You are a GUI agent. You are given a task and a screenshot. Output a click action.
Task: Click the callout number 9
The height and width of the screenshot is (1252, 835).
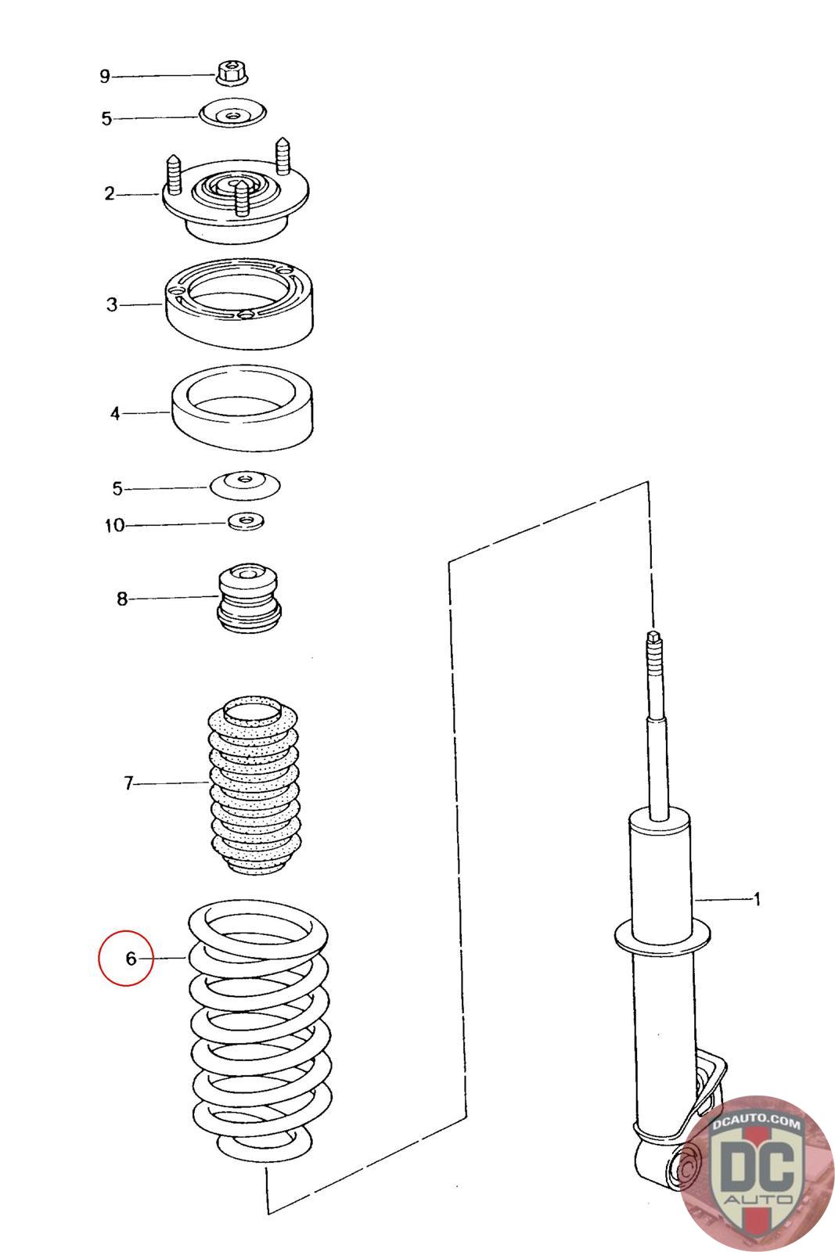tap(104, 76)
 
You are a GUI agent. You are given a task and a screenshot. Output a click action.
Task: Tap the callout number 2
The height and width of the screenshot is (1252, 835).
tap(110, 193)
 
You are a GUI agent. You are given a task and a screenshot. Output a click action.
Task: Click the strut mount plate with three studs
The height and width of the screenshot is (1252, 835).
tap(236, 200)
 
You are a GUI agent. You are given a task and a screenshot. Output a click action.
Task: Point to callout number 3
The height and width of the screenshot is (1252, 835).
tap(112, 304)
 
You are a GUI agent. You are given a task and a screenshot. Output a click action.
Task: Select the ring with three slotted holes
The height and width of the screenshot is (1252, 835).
tap(241, 303)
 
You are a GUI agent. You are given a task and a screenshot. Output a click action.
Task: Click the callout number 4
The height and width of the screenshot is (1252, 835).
tap(115, 413)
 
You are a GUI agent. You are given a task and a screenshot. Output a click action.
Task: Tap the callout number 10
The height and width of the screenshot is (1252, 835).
tap(114, 525)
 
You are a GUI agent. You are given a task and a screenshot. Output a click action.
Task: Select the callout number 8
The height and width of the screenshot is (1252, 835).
tap(121, 599)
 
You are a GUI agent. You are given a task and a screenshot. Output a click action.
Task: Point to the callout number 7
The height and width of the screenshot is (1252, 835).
tap(129, 782)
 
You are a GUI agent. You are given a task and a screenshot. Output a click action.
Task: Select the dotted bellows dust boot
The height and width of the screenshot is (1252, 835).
tap(254, 784)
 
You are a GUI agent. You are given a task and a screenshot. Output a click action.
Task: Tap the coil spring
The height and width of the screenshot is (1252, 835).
tap(258, 1033)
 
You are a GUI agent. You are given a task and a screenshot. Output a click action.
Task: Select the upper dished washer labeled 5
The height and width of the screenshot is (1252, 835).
tap(232, 113)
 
